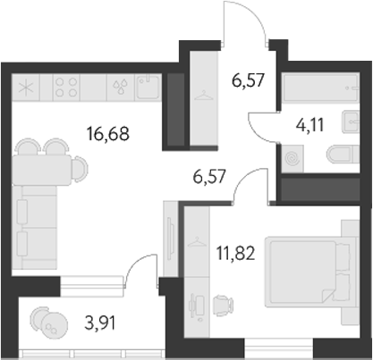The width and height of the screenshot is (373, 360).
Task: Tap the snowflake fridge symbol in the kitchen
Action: coord(27,88)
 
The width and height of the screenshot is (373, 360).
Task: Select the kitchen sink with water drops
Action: coord(119,88)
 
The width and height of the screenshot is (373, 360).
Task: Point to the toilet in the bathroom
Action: coord(340,154)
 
